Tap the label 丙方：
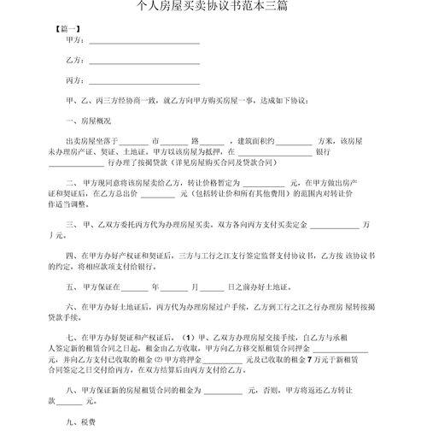(75, 80)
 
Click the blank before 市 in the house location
(134, 140)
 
